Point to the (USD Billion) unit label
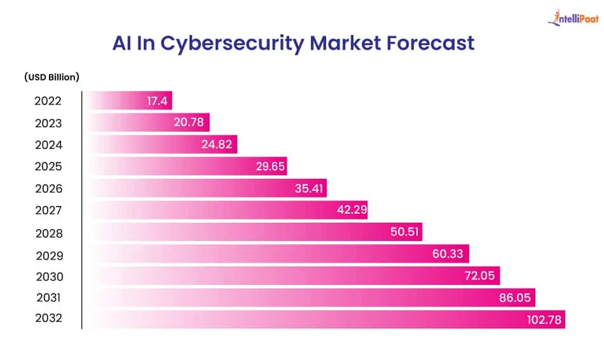[52, 77]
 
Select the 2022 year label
[48, 101]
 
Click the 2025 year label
[48, 167]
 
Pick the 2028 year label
[48, 233]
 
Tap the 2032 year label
[48, 318]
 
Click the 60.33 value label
[448, 254]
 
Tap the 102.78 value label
[544, 318]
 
